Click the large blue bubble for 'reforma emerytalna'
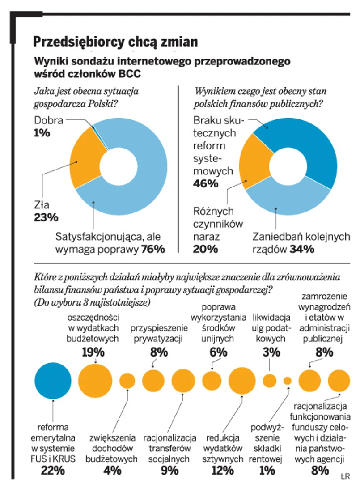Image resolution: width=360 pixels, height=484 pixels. point(53,381)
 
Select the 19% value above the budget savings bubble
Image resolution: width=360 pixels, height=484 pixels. point(93,352)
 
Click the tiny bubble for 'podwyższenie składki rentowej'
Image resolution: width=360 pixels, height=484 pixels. point(288,381)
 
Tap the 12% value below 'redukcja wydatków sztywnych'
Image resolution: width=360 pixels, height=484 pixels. point(222,470)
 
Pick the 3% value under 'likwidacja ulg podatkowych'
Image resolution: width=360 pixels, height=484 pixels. point(269,352)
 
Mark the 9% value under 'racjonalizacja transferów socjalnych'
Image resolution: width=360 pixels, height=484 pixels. point(169,470)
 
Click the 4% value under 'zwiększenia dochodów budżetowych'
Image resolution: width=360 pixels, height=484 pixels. point(112,470)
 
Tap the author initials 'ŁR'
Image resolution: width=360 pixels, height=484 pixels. point(344,474)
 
